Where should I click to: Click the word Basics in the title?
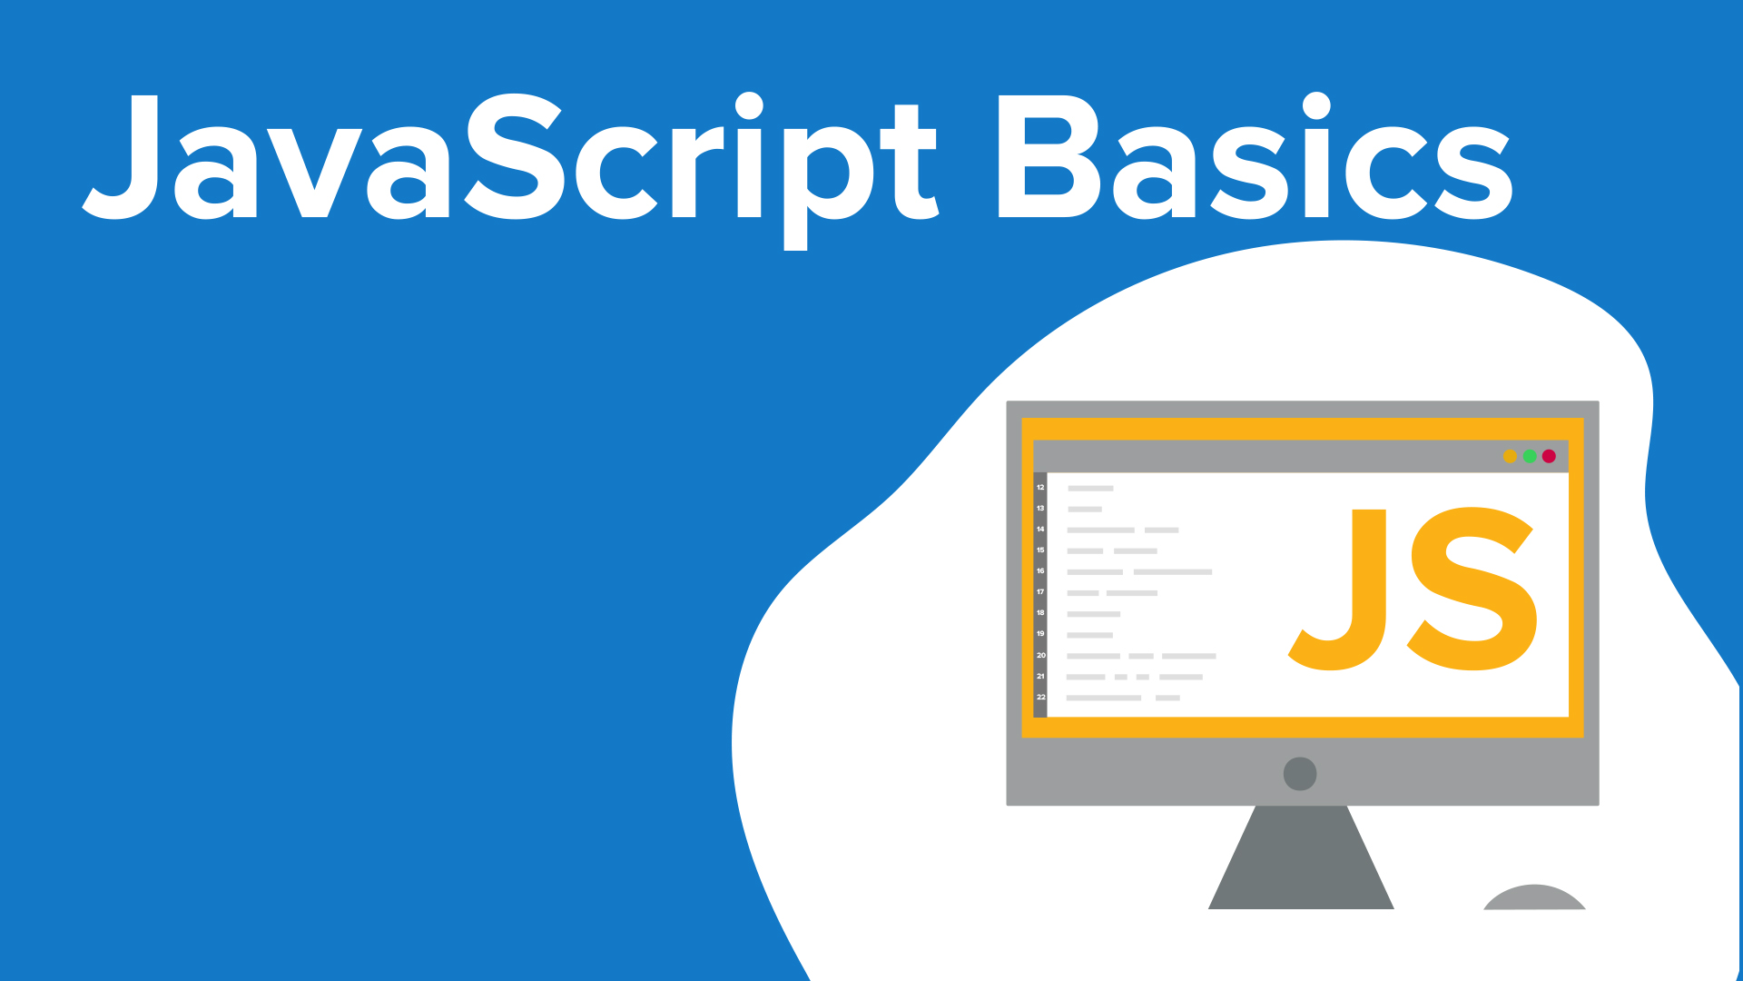pos(1255,156)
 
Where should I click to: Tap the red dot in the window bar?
pos(1549,456)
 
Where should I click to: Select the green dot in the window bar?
pos(1530,456)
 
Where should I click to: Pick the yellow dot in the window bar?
pos(1510,456)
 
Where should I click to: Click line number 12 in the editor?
pos(1040,488)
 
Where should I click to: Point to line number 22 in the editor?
pos(1040,698)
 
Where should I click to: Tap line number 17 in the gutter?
pos(1040,592)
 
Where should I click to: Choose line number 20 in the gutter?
pos(1040,655)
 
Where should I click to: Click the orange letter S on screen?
pos(1472,589)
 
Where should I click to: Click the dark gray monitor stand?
pos(1301,857)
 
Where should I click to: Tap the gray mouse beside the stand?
pos(1534,898)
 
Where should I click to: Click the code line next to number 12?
pos(1090,489)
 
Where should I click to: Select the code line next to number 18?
pos(1094,614)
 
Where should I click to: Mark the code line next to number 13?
pos(1085,510)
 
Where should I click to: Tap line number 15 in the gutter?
pos(1040,550)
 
